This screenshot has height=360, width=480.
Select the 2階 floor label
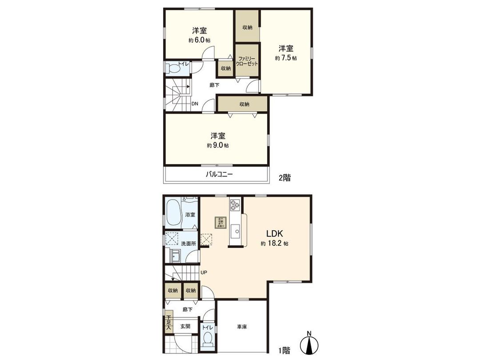click(x=284, y=178)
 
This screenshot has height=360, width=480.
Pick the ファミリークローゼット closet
click(x=247, y=61)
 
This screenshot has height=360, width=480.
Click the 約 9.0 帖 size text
click(x=217, y=145)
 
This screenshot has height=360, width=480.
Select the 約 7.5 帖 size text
click(x=286, y=58)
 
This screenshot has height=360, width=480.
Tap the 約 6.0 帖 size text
click(x=199, y=40)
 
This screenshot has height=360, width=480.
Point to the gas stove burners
click(x=234, y=205)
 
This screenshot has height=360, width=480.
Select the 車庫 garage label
click(x=242, y=327)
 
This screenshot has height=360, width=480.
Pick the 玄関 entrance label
click(x=185, y=326)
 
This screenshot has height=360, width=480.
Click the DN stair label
click(x=195, y=104)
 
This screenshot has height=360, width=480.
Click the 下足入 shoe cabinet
click(x=168, y=324)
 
